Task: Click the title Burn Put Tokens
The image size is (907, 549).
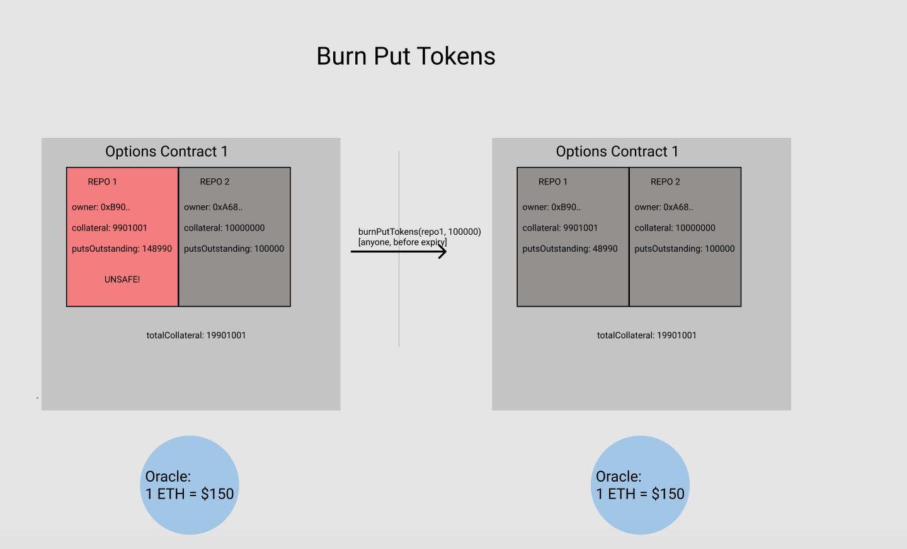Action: tap(406, 57)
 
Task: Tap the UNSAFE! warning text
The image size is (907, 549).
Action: tap(122, 280)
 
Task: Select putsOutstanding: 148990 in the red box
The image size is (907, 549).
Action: tap(122, 249)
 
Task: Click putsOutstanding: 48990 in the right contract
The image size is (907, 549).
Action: tap(569, 249)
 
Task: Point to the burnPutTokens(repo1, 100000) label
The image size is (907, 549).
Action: tap(419, 232)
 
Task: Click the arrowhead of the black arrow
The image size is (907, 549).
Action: tap(443, 252)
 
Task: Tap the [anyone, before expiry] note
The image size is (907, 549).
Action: tap(402, 242)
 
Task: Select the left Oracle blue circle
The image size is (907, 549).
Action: tap(190, 485)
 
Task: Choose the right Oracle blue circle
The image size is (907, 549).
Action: tap(640, 485)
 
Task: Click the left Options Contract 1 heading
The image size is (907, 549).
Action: tap(166, 152)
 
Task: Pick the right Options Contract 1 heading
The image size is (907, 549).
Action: tap(617, 152)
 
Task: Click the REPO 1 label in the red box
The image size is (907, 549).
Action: tap(102, 182)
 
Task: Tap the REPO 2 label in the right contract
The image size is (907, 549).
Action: tap(665, 182)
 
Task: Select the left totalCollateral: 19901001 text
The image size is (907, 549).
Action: tap(196, 336)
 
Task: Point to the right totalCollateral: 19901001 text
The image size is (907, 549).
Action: tap(646, 336)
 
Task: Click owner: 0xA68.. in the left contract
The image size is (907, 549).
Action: tap(213, 207)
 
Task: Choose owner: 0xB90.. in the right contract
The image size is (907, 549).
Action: tap(551, 207)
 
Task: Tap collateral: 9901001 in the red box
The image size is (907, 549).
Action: tap(109, 228)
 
